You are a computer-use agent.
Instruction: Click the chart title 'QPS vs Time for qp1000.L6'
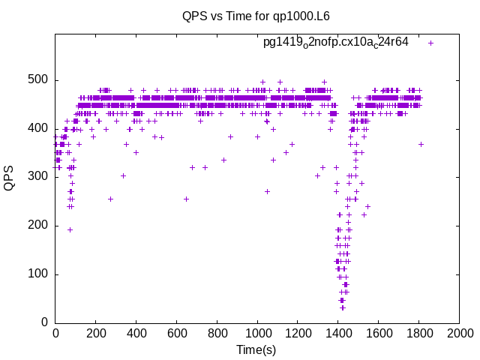click(256, 16)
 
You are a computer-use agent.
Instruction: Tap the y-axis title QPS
click(10, 178)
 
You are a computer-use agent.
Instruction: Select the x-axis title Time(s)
click(256, 349)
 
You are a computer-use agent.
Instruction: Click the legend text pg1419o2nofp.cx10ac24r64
click(335, 42)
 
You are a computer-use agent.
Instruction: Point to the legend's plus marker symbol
click(430, 43)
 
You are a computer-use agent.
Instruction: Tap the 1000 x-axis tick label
click(257, 334)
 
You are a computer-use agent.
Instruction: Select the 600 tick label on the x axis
click(176, 334)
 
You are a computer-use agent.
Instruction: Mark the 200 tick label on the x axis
click(95, 334)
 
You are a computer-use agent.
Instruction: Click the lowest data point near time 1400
click(342, 307)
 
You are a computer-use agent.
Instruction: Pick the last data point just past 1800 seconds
click(421, 144)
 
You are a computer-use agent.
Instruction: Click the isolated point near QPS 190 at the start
click(70, 229)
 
